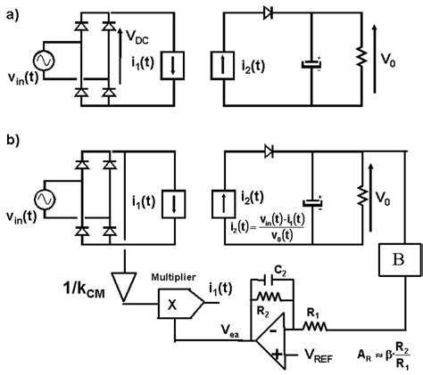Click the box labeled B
(x=394, y=265)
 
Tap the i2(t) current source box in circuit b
(x=224, y=200)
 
